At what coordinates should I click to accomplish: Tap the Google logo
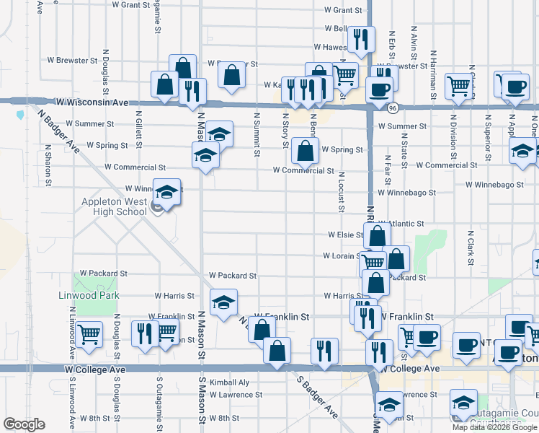pyautogui.click(x=24, y=424)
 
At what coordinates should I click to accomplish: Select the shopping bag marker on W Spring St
pyautogui.click(x=306, y=152)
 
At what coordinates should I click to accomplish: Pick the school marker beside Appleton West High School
pyautogui.click(x=166, y=193)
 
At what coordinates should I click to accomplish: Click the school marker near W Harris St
pyautogui.click(x=223, y=302)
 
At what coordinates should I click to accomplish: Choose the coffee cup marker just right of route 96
pyautogui.click(x=379, y=89)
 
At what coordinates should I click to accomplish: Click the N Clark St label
pyautogui.click(x=469, y=248)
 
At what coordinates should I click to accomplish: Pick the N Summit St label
pyautogui.click(x=257, y=134)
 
